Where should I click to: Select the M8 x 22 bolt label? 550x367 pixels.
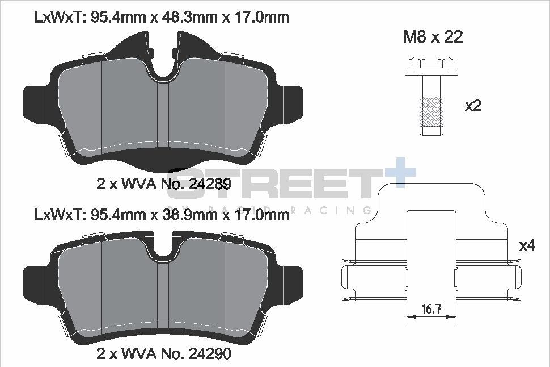tap(433, 37)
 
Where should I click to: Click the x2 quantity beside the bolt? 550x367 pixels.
tap(473, 106)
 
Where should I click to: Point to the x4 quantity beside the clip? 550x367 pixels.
tap(527, 246)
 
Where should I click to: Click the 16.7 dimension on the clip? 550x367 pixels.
tap(431, 310)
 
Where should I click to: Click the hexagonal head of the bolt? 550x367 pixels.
tap(432, 62)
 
